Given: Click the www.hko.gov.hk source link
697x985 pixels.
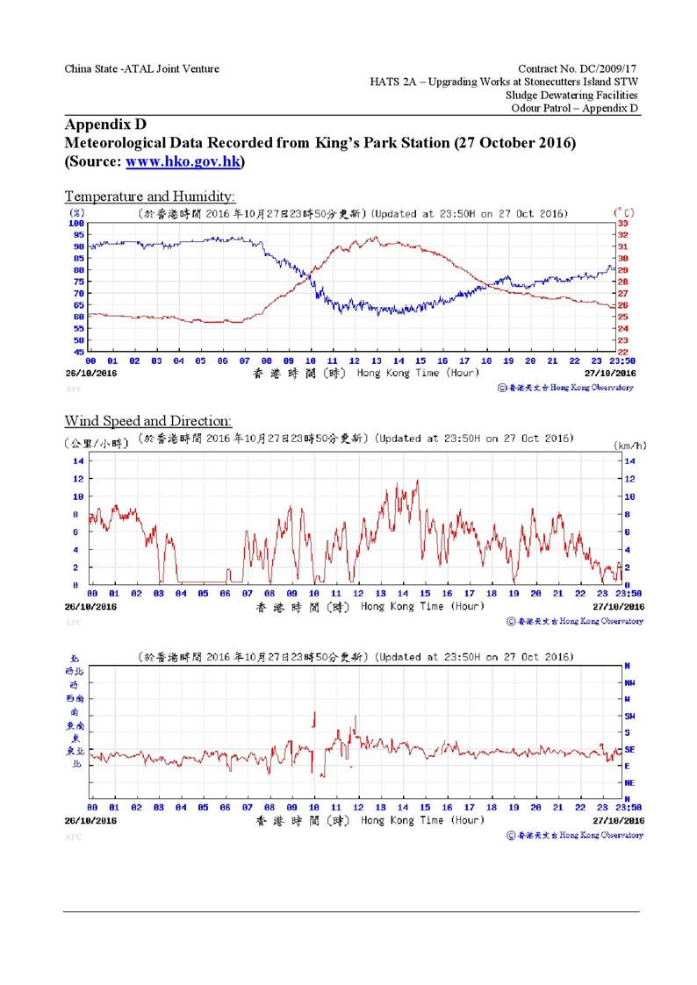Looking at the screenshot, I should [184, 162].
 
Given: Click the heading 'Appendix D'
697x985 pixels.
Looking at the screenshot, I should [103, 125].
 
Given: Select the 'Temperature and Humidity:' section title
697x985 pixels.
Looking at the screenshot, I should [150, 196].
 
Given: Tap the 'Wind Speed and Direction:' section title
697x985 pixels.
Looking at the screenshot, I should [148, 422].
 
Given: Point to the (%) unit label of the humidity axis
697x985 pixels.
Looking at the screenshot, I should [76, 212].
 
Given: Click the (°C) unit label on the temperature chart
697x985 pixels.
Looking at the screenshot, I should [624, 212].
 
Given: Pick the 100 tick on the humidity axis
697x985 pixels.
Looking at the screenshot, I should [77, 224].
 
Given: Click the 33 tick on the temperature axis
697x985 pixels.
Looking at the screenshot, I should [624, 224].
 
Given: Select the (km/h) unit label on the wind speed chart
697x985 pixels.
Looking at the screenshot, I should [629, 446].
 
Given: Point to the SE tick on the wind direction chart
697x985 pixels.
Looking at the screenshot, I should [629, 749].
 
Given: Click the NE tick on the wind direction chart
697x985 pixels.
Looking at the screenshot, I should [629, 782].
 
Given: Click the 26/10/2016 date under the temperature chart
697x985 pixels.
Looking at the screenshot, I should [91, 372].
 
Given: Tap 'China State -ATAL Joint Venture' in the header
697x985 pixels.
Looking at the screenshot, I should [141, 68].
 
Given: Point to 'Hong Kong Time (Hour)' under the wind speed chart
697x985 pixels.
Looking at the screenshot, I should [422, 606].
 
